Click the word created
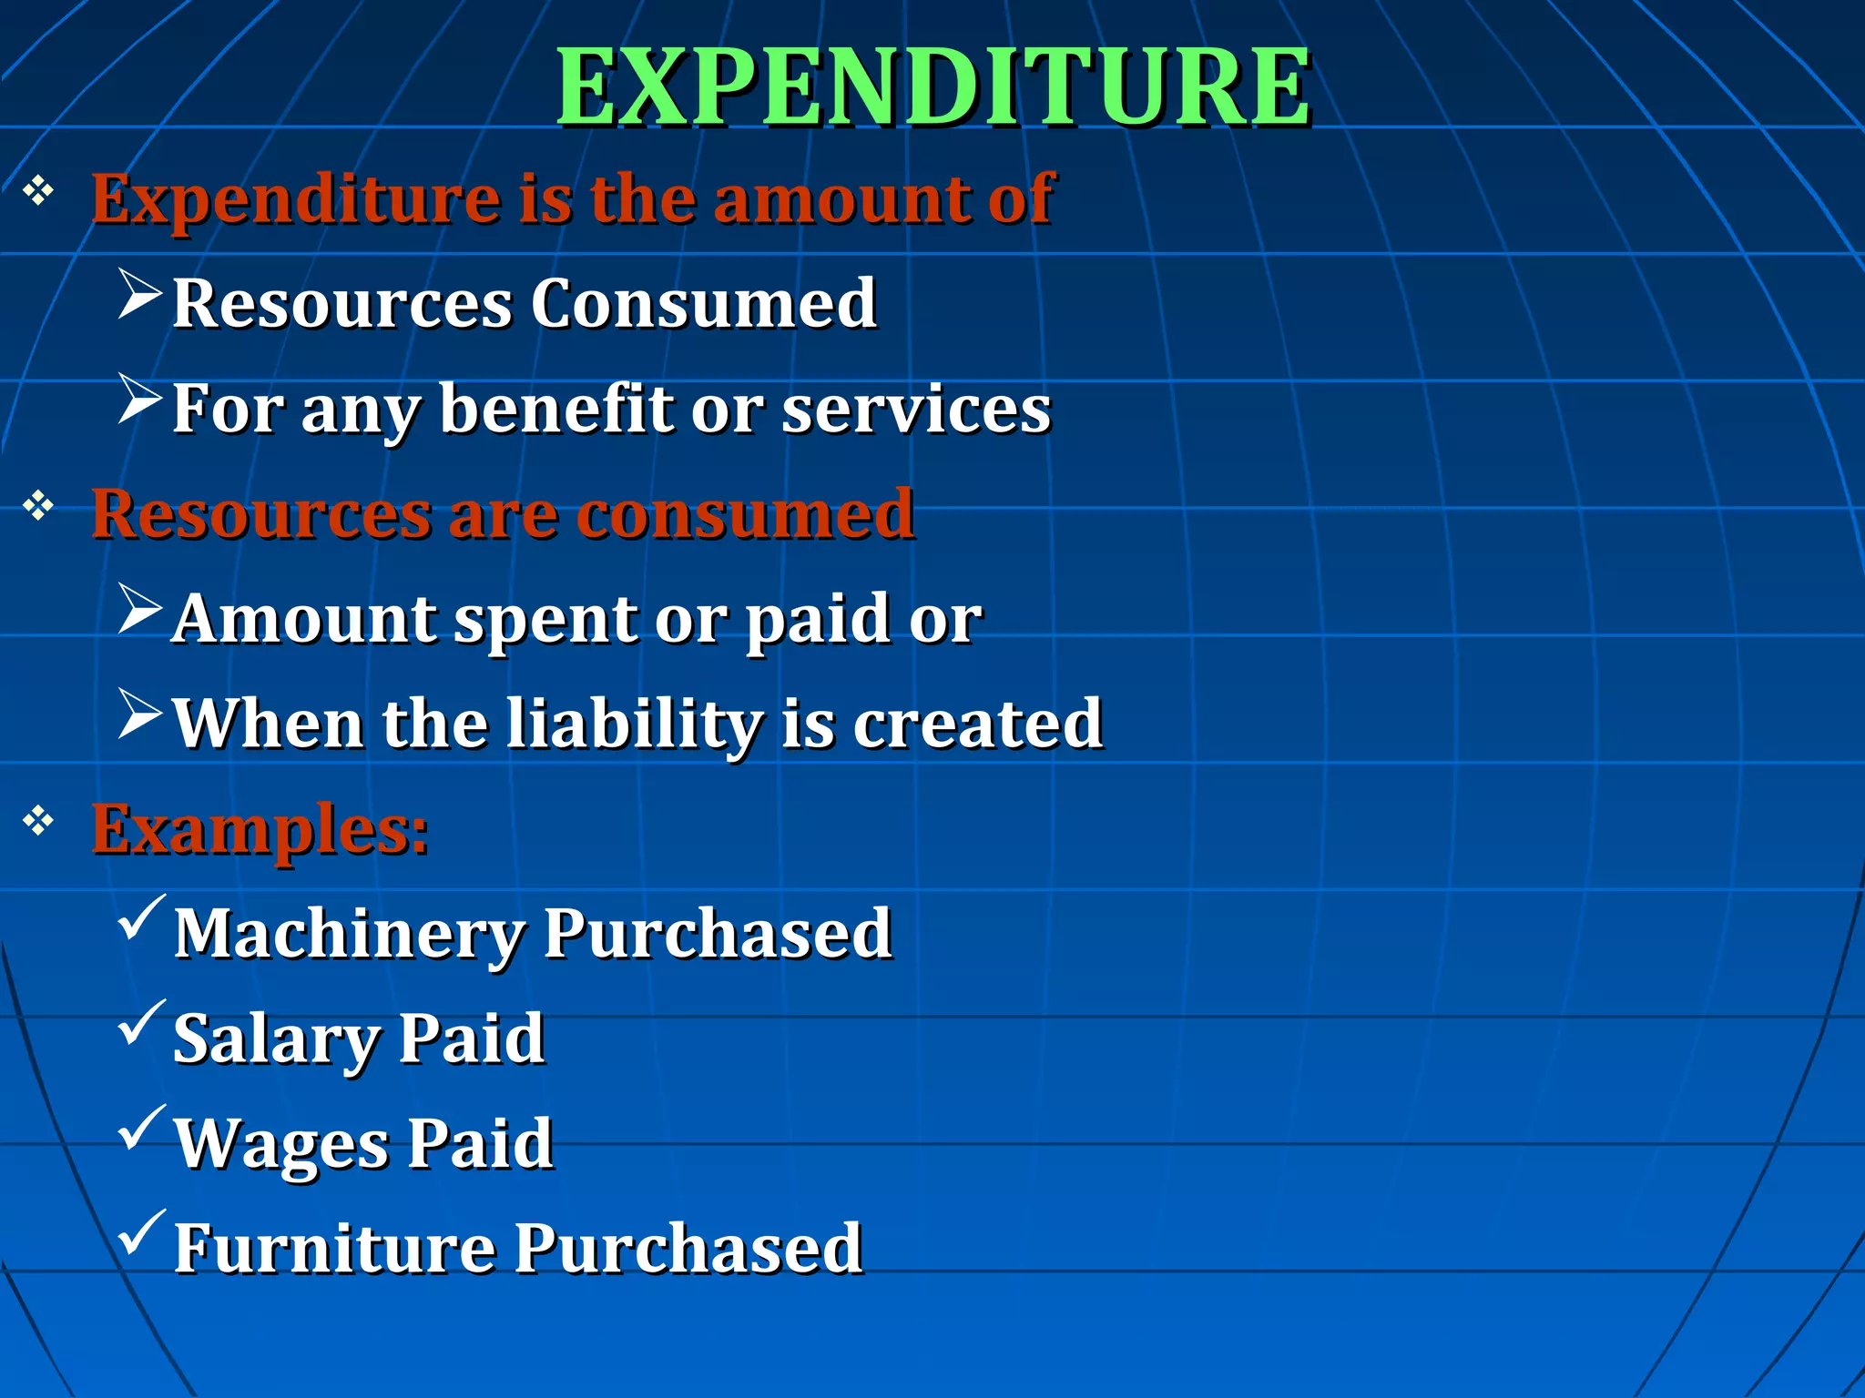click(x=977, y=724)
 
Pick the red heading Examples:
click(x=260, y=829)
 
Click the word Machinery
click(x=350, y=935)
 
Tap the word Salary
click(x=276, y=1039)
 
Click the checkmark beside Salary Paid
click(x=141, y=1023)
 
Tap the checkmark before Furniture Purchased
click(x=141, y=1233)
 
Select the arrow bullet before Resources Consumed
click(x=139, y=294)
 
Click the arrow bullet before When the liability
click(x=139, y=714)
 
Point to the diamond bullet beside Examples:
click(x=38, y=821)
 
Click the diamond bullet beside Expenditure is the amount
click(x=38, y=190)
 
